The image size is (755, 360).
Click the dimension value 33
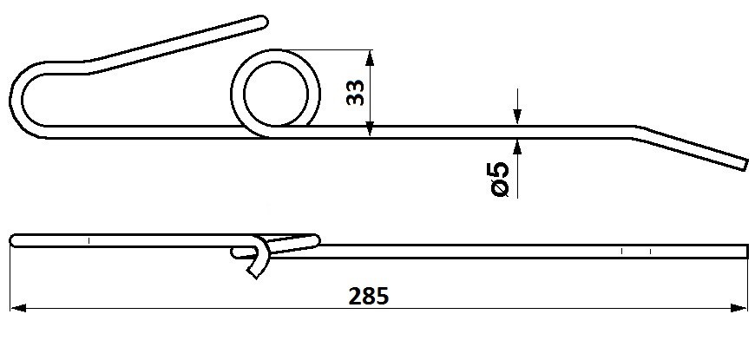356,93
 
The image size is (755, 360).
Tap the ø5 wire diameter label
500,180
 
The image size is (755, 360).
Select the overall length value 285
368,297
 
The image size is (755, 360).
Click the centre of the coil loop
275,94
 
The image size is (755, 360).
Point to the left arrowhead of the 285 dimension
17,308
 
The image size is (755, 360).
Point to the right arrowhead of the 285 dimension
739,308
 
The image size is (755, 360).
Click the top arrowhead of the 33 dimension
370,57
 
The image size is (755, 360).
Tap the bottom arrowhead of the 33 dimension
370,129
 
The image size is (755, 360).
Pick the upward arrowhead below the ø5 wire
517,147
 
